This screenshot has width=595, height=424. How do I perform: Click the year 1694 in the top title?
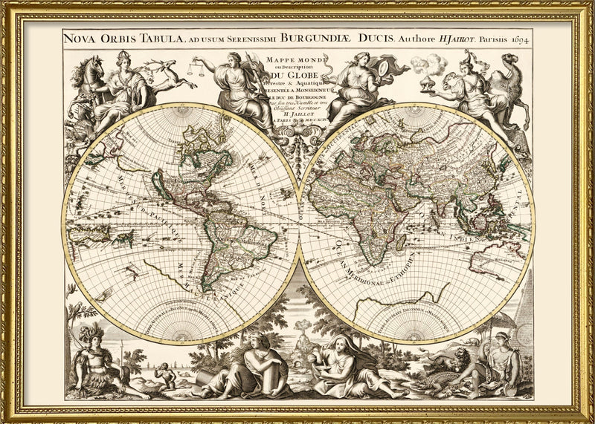click(x=518, y=39)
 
